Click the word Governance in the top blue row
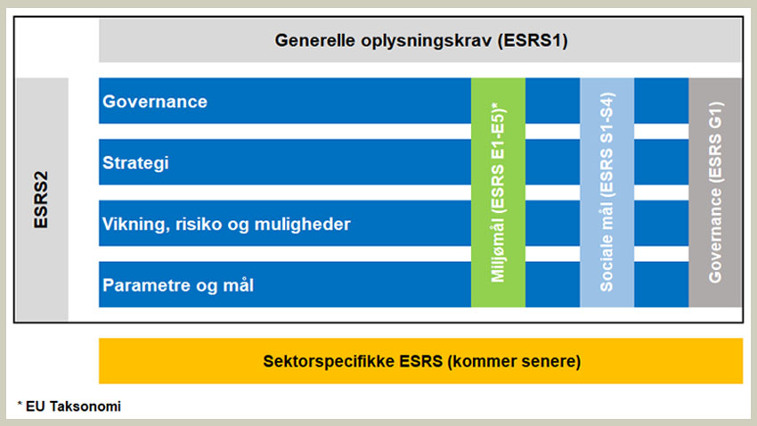coord(155,102)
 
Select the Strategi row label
coord(135,164)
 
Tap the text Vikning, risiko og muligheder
coord(226,225)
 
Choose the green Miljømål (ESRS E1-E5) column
coord(498,192)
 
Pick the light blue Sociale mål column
coord(606,192)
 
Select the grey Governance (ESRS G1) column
coord(715,192)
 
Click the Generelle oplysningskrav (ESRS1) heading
coord(421,40)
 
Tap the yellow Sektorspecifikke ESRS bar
coord(421,362)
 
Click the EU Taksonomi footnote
coord(69,406)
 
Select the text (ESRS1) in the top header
coord(534,40)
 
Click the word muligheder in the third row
coord(308,225)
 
